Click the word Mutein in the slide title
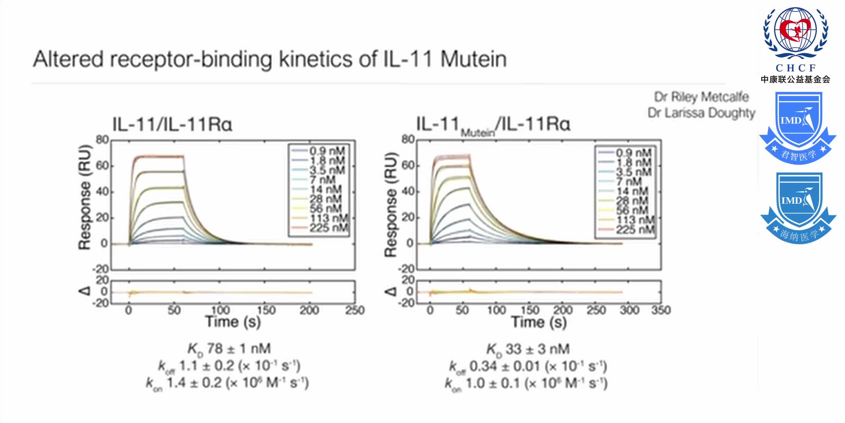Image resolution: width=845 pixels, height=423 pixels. pyautogui.click(x=473, y=60)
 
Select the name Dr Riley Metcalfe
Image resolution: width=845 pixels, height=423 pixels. pyautogui.click(x=701, y=97)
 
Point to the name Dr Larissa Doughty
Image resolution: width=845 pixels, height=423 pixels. pyautogui.click(x=701, y=113)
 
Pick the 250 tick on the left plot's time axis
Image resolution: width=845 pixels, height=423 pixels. pyautogui.click(x=354, y=311)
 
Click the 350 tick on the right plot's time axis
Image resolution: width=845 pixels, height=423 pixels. pyautogui.click(x=661, y=311)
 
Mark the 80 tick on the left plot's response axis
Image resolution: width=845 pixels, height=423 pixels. pyautogui.click(x=102, y=140)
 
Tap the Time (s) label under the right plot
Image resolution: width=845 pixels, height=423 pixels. pyautogui.click(x=539, y=323)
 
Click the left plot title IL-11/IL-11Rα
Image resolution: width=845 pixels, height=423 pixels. pyautogui.click(x=172, y=125)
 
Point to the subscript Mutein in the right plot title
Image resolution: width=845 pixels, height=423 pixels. pyautogui.click(x=478, y=133)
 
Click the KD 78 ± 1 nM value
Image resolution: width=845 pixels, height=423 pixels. pyautogui.click(x=229, y=349)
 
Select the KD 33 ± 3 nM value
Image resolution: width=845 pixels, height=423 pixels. pyautogui.click(x=528, y=349)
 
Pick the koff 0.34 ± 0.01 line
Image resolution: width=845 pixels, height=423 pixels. pyautogui.click(x=528, y=367)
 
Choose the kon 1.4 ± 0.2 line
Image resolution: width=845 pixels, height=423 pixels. pyautogui.click(x=227, y=383)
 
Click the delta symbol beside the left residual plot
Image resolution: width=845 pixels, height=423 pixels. pyautogui.click(x=85, y=291)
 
